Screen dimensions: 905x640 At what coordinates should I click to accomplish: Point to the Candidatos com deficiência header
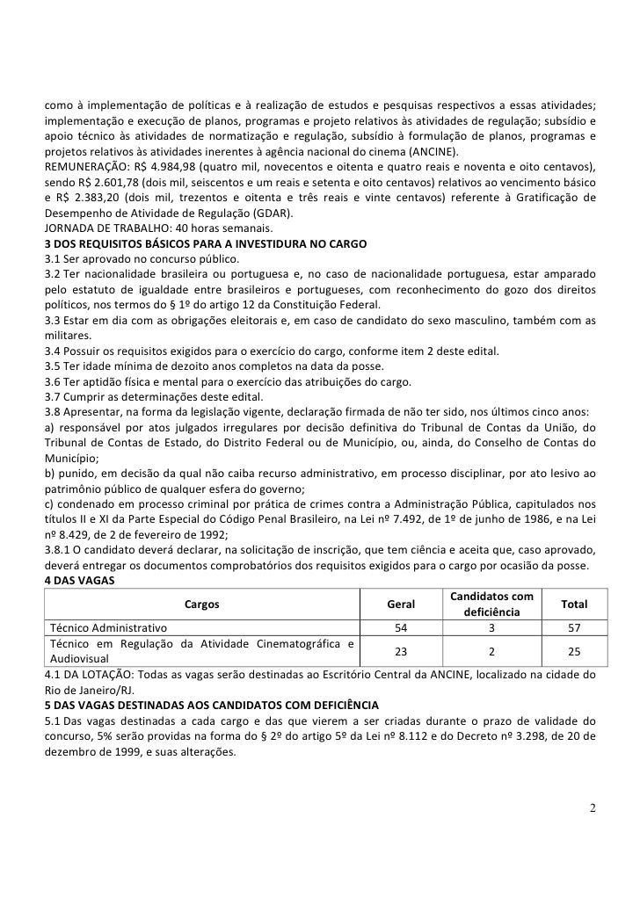point(492,605)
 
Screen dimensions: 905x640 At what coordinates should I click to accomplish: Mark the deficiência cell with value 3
point(492,628)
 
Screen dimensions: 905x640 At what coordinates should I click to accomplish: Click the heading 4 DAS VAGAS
point(82,580)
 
